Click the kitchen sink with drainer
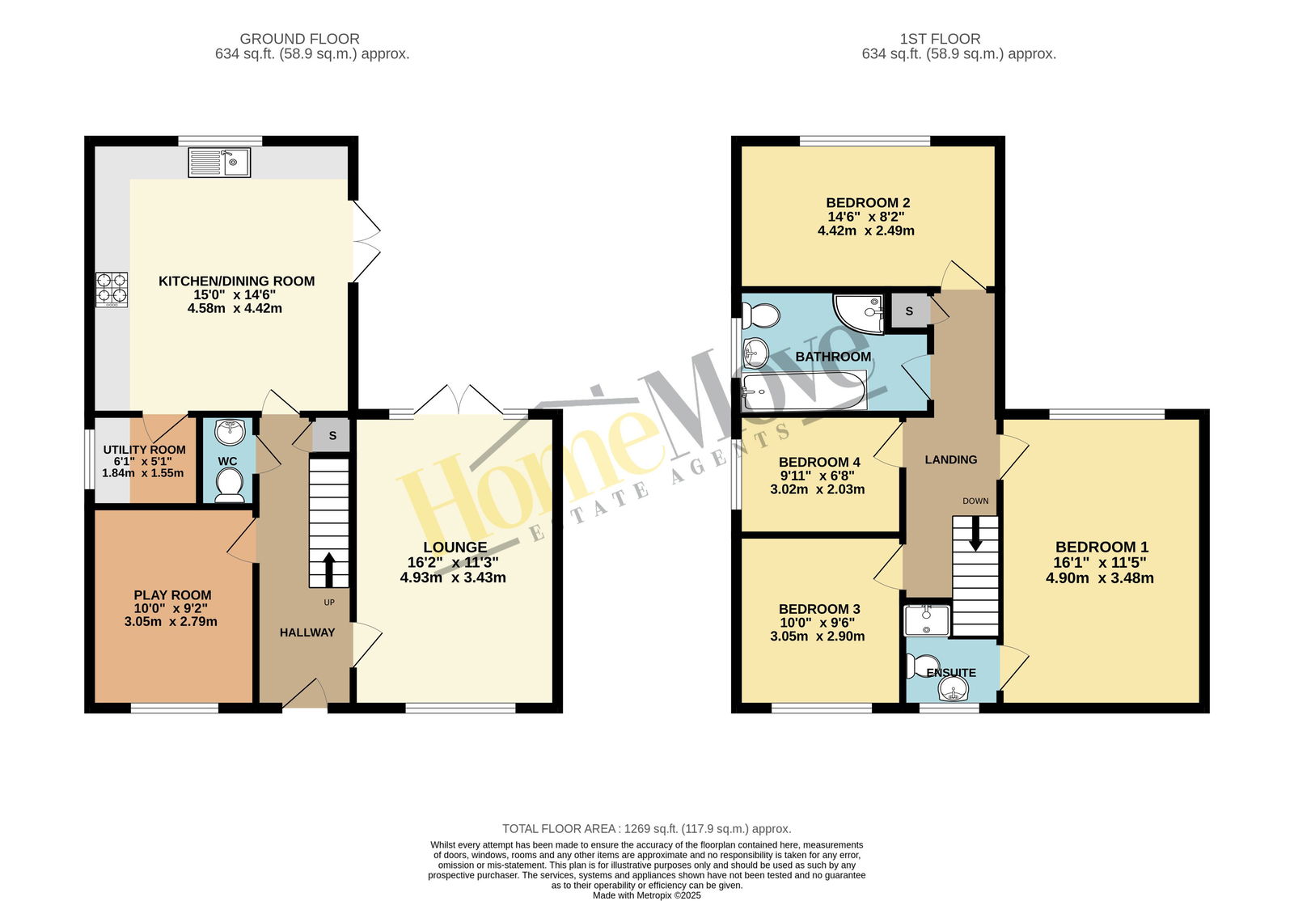(x=219, y=163)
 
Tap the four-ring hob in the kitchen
(x=112, y=290)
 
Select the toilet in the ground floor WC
(x=230, y=484)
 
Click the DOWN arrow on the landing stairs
(x=975, y=534)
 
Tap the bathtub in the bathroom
(x=804, y=391)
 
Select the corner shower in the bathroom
(x=858, y=314)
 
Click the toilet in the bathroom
(x=761, y=316)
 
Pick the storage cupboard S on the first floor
(x=909, y=311)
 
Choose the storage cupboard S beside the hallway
(x=332, y=435)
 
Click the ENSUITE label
(x=951, y=673)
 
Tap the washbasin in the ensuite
(x=954, y=689)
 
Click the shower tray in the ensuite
(x=927, y=620)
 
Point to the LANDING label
(x=951, y=459)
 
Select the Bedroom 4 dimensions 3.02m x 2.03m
(x=818, y=490)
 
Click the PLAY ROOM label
(x=172, y=595)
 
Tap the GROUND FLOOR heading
(x=299, y=39)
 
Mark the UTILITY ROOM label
(x=145, y=450)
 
